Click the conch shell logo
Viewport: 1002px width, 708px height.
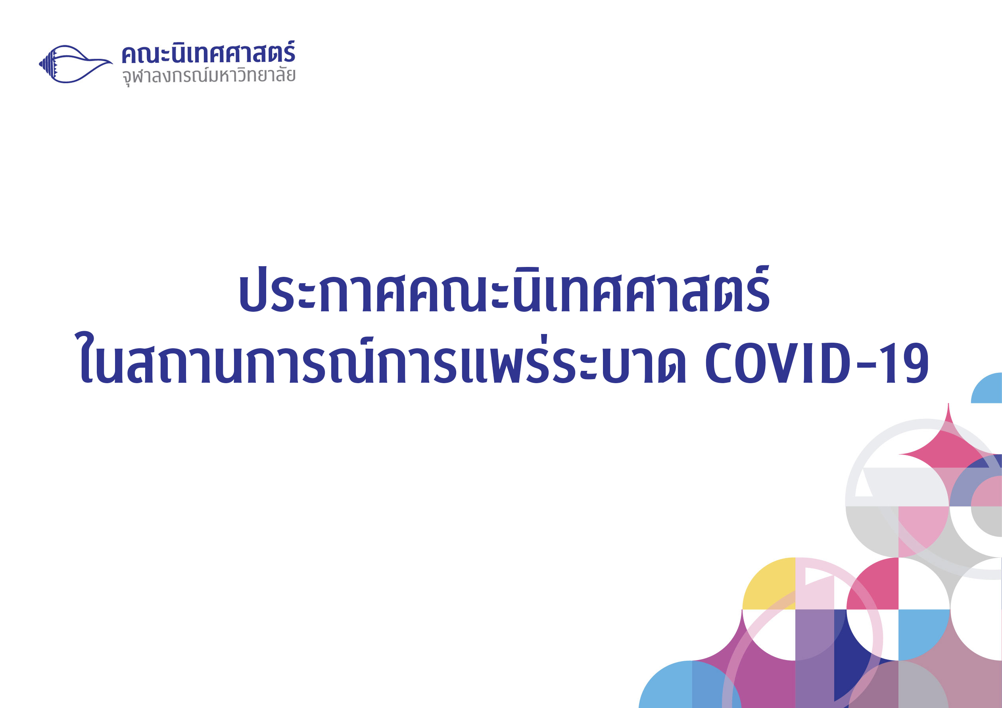(75, 64)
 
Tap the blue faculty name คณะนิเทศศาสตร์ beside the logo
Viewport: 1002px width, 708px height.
(208, 53)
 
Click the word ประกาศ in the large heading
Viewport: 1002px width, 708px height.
(306, 290)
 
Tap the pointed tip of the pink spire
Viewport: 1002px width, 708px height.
(948, 404)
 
